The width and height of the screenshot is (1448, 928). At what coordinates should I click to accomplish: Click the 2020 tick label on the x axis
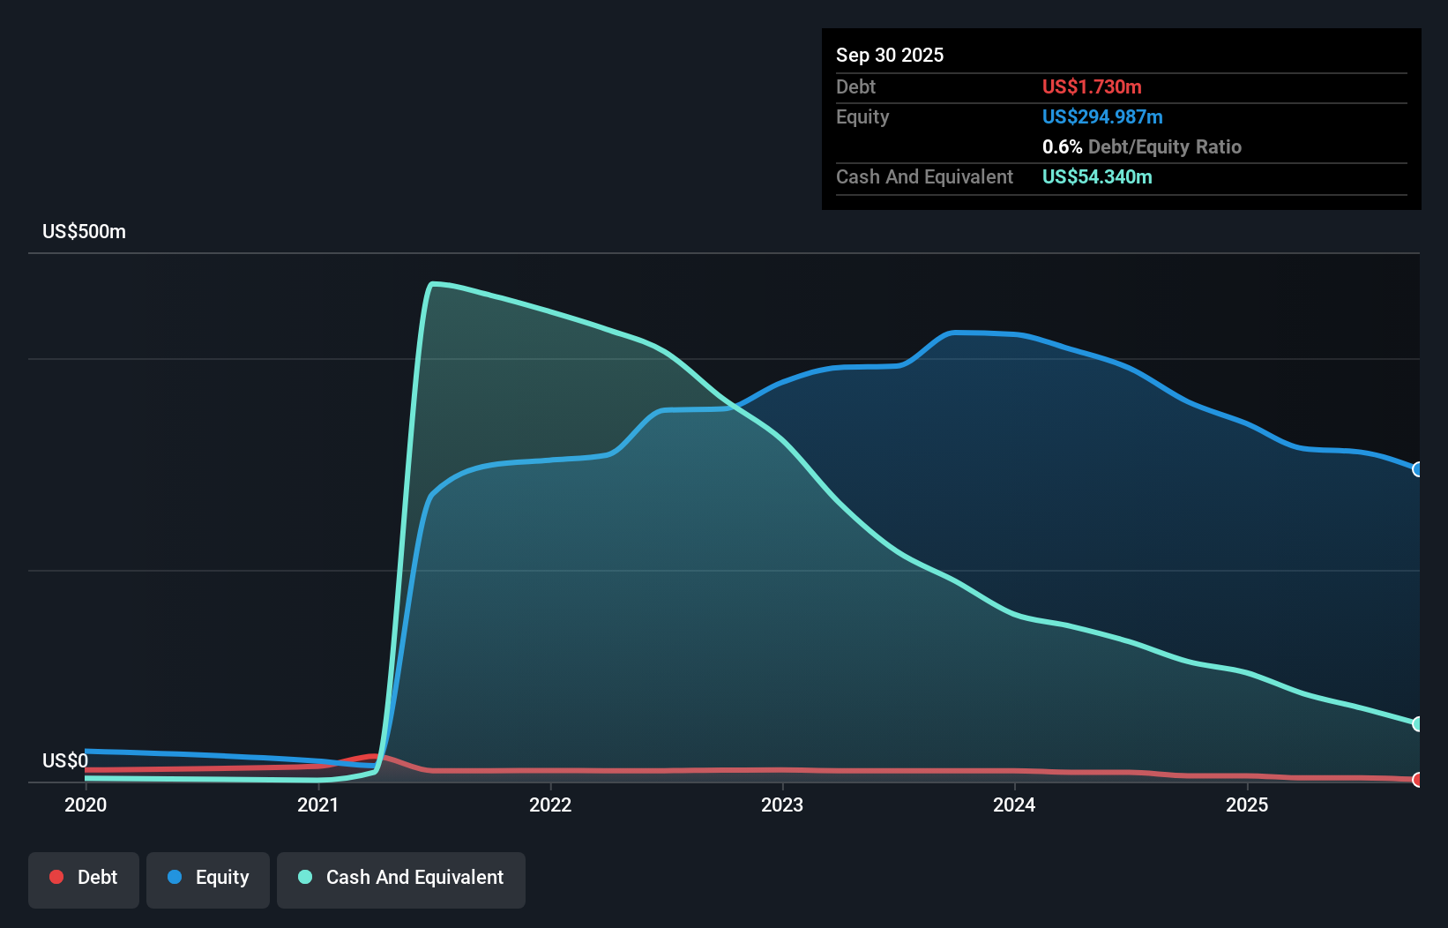[86, 805]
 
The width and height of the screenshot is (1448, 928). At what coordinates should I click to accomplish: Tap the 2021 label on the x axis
[317, 805]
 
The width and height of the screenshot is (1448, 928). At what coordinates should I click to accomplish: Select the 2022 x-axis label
[550, 805]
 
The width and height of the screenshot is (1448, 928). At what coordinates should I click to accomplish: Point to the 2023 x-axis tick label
[782, 805]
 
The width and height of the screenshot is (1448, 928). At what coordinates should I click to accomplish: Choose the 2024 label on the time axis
[1014, 805]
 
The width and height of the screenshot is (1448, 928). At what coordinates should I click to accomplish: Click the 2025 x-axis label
[1247, 805]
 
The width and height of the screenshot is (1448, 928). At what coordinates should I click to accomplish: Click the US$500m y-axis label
[84, 232]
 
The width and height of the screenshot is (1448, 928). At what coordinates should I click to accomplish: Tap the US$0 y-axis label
[65, 760]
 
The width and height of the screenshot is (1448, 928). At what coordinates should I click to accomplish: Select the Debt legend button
[84, 878]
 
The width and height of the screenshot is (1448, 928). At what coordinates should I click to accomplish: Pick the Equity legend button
[208, 878]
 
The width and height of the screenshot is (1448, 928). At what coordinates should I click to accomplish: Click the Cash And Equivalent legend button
[401, 878]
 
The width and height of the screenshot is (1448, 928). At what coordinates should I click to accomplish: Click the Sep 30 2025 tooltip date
[890, 55]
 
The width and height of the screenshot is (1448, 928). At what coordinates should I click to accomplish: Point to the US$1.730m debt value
[1092, 86]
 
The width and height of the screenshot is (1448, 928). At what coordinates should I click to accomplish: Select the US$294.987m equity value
[1102, 116]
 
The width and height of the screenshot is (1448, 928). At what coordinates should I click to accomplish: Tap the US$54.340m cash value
[1097, 176]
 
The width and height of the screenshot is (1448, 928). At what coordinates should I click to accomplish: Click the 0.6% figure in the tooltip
[1062, 146]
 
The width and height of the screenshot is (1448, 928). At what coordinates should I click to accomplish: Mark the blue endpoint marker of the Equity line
[1418, 469]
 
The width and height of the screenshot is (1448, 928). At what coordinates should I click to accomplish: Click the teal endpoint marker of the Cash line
[1418, 724]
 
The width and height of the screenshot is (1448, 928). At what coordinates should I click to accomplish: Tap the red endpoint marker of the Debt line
[1418, 780]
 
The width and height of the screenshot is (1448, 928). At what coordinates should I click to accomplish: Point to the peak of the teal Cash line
[432, 284]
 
